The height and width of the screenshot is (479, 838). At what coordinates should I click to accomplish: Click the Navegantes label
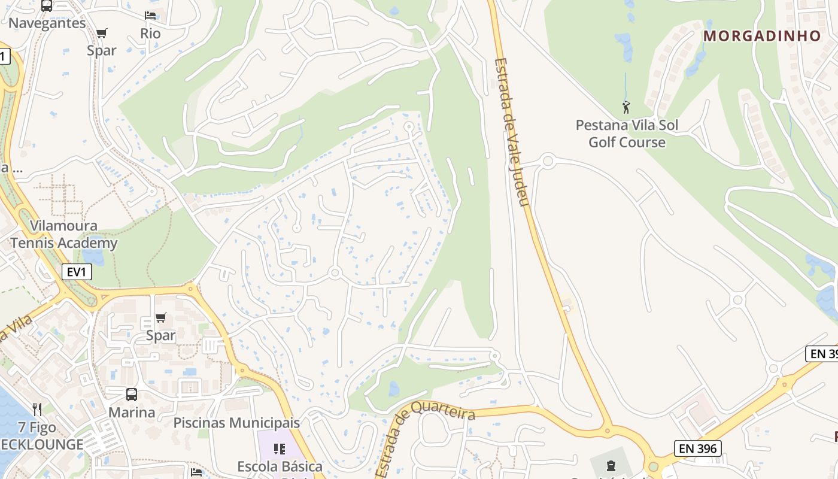click(47, 23)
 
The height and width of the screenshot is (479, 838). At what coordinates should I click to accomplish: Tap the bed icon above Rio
click(150, 16)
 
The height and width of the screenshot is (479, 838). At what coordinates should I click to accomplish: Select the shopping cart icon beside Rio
click(102, 34)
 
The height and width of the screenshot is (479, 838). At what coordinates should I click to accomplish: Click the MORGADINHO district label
click(762, 36)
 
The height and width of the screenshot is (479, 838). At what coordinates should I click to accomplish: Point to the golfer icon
click(626, 108)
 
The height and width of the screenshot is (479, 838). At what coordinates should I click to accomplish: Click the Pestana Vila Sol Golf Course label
click(627, 134)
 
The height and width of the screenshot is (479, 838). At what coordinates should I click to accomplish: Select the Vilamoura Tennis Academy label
click(63, 235)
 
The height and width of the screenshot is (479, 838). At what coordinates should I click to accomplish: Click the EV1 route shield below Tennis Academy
click(77, 272)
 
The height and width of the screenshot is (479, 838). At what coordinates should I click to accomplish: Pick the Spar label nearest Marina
click(161, 335)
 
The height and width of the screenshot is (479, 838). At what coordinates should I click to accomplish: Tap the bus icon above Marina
click(132, 395)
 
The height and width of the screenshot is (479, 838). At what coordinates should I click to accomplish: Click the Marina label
click(132, 413)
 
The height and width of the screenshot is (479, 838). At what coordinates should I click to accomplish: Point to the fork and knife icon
click(37, 410)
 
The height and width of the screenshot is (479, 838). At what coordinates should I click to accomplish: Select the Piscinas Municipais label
click(236, 423)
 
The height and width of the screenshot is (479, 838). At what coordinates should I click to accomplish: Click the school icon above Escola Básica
click(280, 449)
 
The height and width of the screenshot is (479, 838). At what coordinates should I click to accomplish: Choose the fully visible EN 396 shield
click(697, 448)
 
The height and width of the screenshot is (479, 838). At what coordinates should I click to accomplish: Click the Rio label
click(151, 34)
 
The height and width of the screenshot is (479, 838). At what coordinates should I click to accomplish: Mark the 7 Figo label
click(37, 428)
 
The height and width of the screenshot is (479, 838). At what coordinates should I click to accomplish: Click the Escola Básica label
click(280, 466)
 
